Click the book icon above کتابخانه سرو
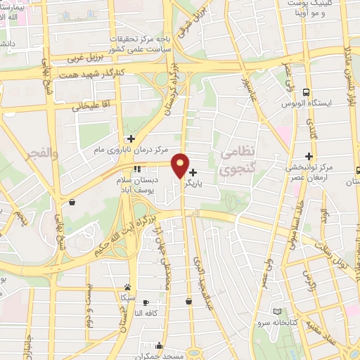pyautogui.click(x=278, y=311)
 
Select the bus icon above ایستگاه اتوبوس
pyautogui.click(x=307, y=92)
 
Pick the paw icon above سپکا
pyautogui.click(x=127, y=287)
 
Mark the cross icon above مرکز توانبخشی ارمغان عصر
pyautogui.click(x=308, y=156)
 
